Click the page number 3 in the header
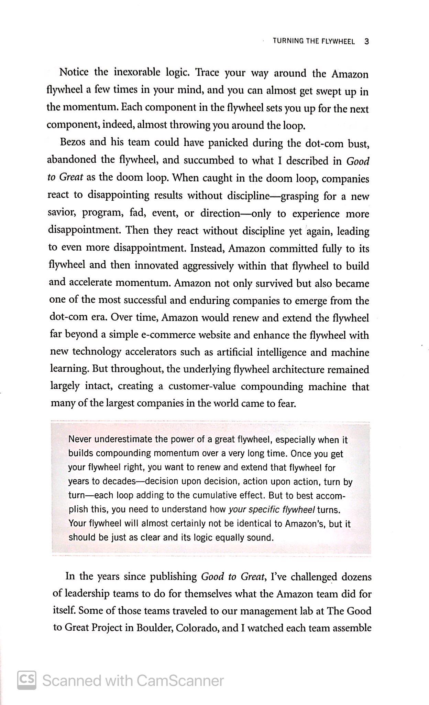pyautogui.click(x=366, y=42)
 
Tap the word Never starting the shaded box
pyautogui.click(x=80, y=440)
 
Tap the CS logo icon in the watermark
pyautogui.click(x=27, y=680)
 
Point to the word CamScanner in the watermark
pyautogui.click(x=180, y=681)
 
